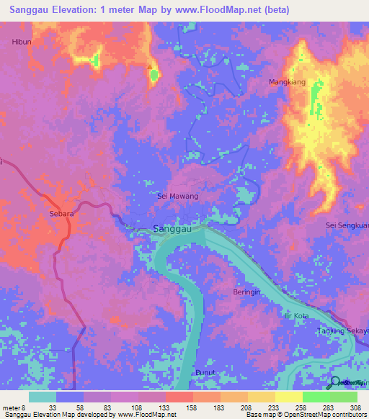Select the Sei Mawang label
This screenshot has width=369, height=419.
pyautogui.click(x=177, y=196)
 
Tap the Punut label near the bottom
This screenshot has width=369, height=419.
pyautogui.click(x=204, y=372)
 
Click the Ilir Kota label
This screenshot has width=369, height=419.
pyautogui.click(x=296, y=316)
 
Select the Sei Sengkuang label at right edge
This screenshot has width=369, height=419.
pyautogui.click(x=347, y=225)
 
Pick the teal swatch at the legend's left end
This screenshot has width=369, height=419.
pyautogui.click(x=43, y=397)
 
